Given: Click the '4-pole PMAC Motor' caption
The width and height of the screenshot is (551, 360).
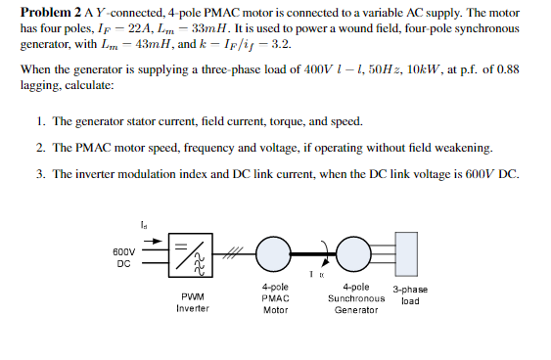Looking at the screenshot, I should click(275, 298).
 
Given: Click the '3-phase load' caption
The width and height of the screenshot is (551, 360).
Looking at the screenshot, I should click(411, 295).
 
